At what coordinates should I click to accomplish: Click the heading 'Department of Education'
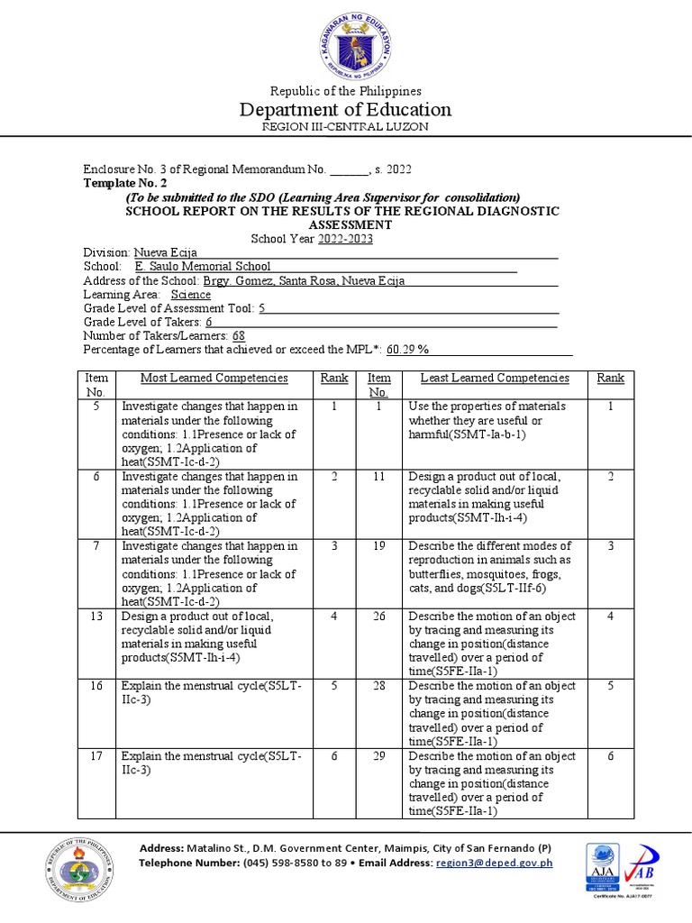tap(345, 110)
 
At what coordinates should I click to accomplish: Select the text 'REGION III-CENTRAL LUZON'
tap(345, 127)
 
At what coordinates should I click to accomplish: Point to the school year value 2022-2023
tap(344, 239)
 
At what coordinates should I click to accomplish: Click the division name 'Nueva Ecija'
tap(166, 253)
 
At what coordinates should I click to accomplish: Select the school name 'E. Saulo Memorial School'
tap(203, 267)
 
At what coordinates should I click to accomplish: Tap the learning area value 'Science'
tap(190, 295)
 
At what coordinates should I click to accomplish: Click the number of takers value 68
tap(240, 336)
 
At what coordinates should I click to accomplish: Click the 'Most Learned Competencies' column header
tap(214, 379)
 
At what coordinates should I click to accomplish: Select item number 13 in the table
tap(96, 617)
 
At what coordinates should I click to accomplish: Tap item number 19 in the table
tap(379, 546)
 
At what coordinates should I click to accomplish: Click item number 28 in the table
tap(379, 686)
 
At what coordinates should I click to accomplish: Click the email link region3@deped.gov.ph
tap(493, 863)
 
